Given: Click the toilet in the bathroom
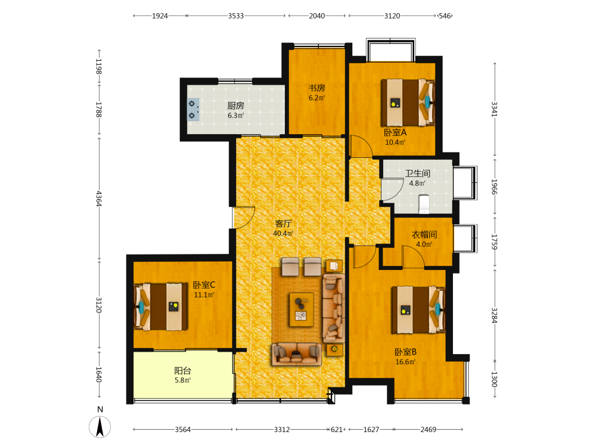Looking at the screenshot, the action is click(424, 204).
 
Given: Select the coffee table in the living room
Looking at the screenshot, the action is click(302, 309).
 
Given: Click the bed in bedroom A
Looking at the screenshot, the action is click(408, 103).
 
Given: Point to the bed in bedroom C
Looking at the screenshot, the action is click(161, 307).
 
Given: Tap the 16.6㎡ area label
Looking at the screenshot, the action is click(405, 362).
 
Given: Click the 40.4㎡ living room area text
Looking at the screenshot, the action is click(283, 234).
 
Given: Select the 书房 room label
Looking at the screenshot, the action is click(316, 88).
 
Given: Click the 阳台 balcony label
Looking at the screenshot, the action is click(182, 371).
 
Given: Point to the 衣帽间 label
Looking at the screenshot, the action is click(424, 235).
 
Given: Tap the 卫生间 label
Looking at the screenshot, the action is click(417, 173).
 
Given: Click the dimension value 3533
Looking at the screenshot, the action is click(235, 16).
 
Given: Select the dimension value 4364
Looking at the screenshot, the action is click(99, 198).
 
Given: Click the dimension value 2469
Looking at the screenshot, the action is click(429, 430).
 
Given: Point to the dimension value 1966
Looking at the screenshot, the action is click(494, 187).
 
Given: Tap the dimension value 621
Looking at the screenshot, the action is click(336, 430).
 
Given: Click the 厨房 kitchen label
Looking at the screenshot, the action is click(235, 105).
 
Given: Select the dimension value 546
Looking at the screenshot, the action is click(445, 16).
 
